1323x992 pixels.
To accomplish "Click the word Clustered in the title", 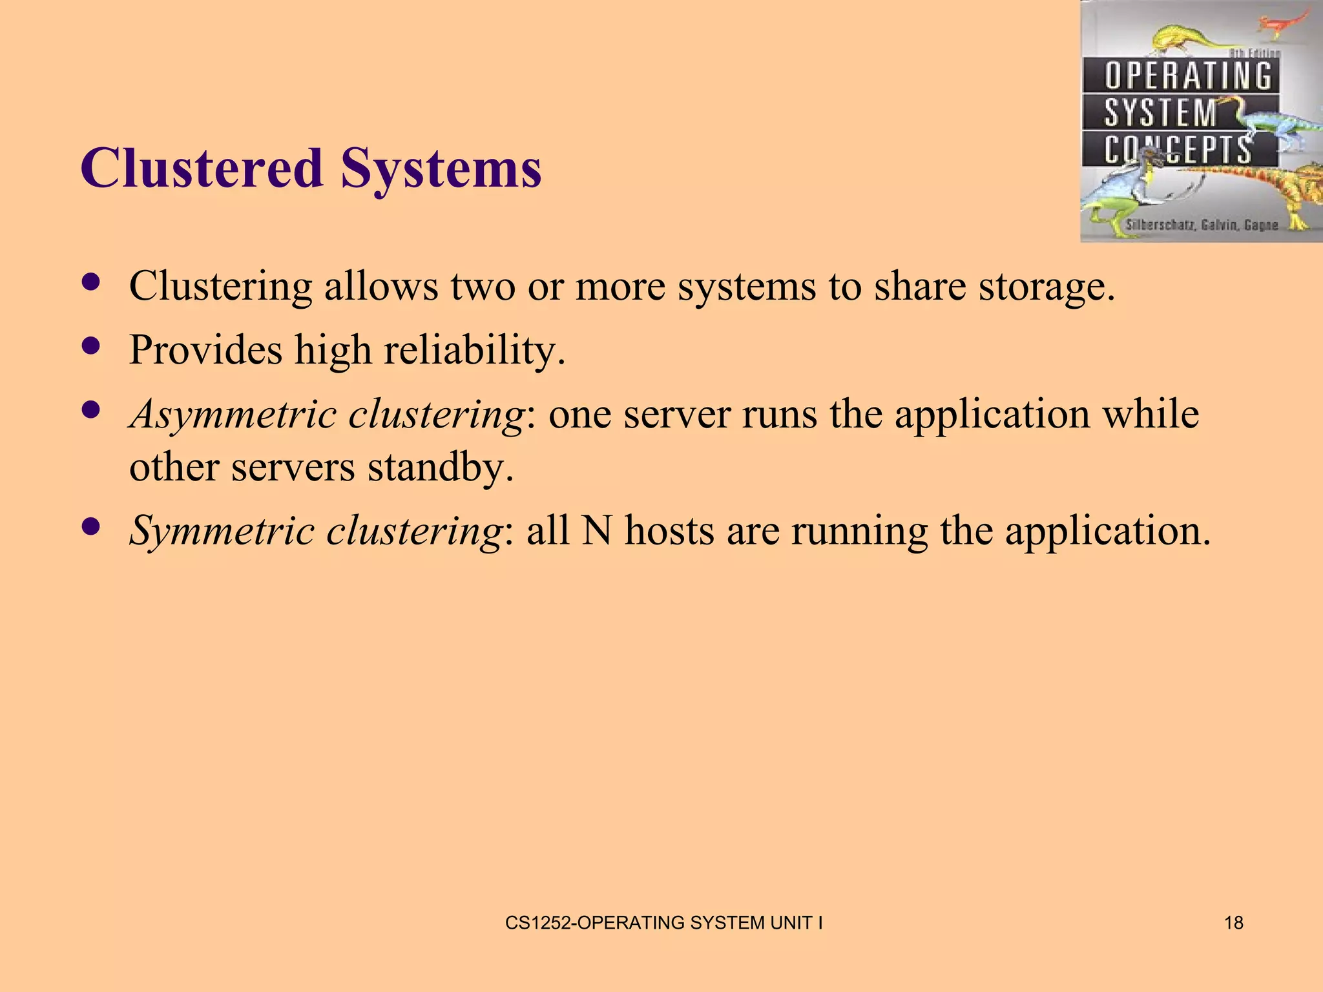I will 201,169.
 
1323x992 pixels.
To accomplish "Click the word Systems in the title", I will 441,169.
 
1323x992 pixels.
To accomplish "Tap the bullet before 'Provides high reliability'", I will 92,346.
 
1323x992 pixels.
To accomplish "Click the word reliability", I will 474,350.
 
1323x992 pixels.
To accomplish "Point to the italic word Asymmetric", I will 233,414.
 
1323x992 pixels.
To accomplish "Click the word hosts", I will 669,531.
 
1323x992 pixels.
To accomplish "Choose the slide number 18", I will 1233,923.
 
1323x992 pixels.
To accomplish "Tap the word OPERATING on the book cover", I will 1187,76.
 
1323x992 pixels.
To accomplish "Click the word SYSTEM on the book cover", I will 1160,113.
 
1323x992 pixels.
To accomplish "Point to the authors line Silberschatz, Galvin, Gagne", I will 1202,225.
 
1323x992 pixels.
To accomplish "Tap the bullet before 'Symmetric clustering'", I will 92,526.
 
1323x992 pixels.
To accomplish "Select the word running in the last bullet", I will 859,531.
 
